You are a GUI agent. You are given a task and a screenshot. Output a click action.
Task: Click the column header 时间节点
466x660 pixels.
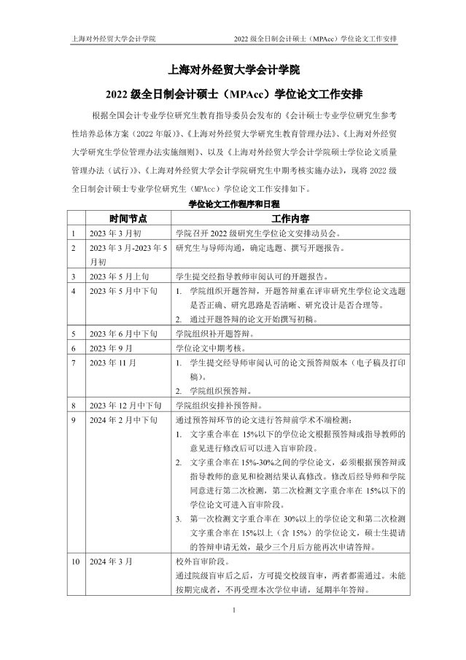[128, 218]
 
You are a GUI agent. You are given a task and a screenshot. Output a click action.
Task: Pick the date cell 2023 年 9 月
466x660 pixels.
[112, 347]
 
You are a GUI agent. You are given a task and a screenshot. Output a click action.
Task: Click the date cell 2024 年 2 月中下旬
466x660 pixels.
[123, 421]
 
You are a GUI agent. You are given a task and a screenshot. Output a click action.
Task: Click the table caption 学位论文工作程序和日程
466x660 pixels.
[234, 205]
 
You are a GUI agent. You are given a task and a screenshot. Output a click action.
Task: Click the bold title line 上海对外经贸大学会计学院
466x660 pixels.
[233, 71]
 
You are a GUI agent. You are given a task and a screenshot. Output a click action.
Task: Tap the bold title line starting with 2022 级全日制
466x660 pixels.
[233, 95]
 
